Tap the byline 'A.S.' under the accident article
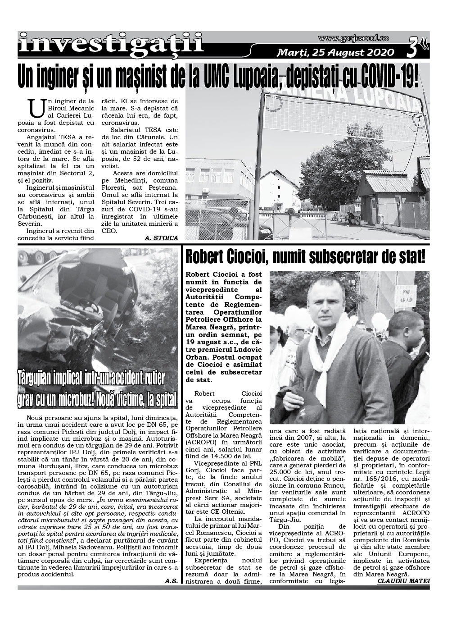(171, 581)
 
